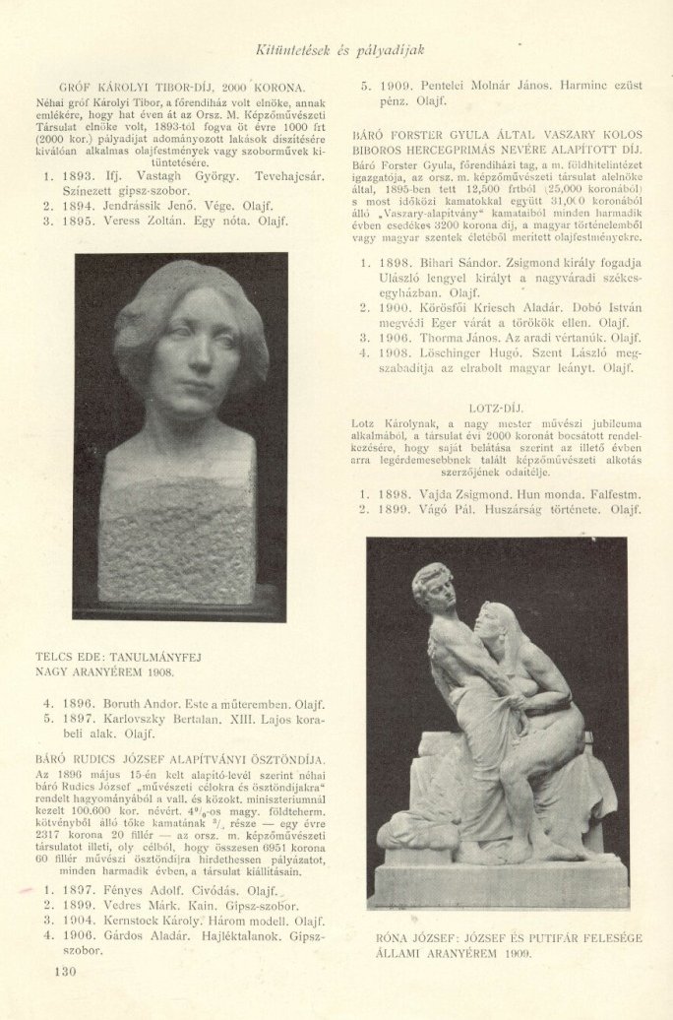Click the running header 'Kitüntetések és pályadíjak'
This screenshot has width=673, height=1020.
click(x=339, y=50)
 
